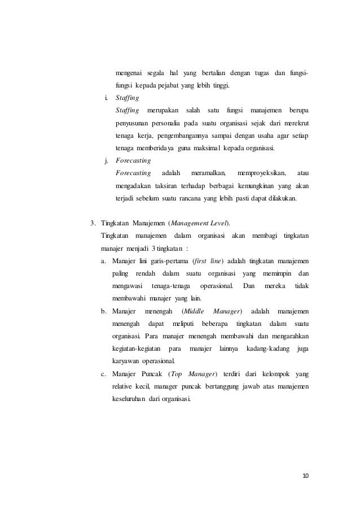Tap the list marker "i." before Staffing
[x=106, y=97]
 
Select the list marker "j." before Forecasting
[x=106, y=160]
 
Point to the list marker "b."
[x=104, y=311]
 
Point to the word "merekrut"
[x=300, y=123]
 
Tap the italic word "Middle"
[x=194, y=311]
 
